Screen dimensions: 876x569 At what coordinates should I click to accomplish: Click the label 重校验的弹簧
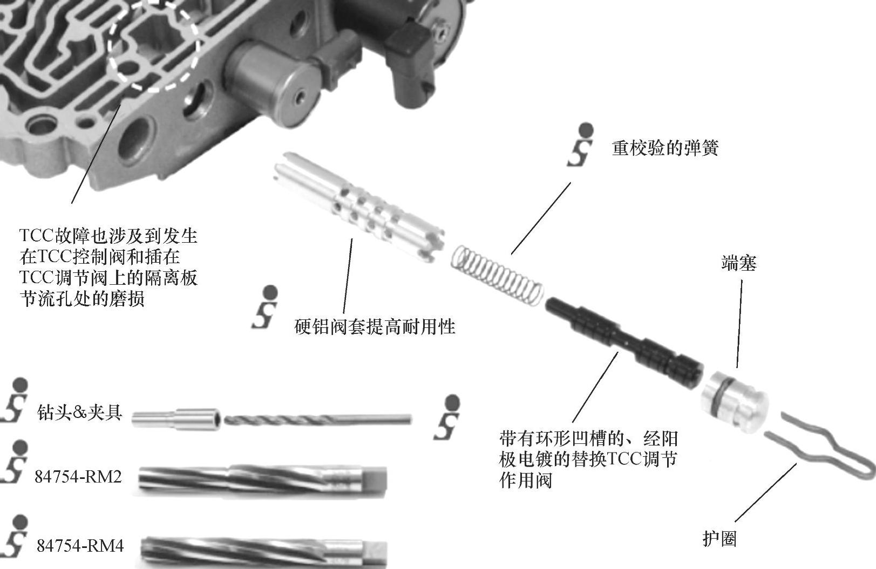(665, 148)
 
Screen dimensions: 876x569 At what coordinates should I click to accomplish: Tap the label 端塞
(739, 263)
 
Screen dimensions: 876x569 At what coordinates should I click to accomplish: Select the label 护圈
(719, 539)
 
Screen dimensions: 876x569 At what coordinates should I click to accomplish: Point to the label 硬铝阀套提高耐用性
(375, 326)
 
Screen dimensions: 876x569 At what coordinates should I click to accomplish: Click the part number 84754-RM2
(78, 477)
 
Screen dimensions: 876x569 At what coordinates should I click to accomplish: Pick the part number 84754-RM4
(80, 546)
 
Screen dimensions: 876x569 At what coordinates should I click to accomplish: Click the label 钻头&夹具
(80, 412)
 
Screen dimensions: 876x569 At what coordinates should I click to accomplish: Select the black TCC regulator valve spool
(624, 342)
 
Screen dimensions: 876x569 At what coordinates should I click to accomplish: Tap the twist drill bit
(317, 419)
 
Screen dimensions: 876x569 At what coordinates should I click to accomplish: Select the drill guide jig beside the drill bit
(175, 420)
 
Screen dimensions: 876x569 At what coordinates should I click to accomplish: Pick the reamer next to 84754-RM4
(264, 552)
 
